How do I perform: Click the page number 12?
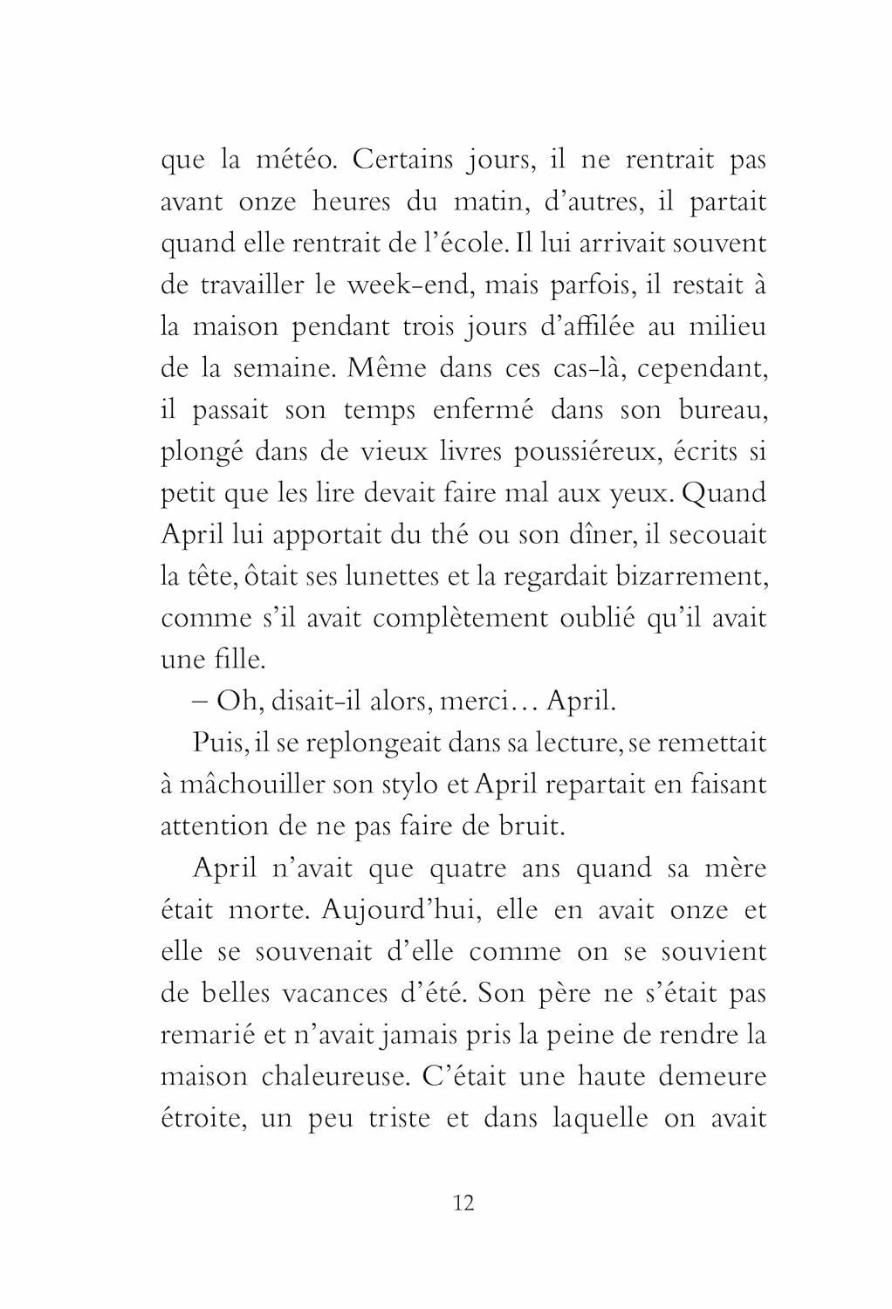(x=463, y=1203)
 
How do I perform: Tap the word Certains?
(x=403, y=160)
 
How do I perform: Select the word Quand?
(x=724, y=493)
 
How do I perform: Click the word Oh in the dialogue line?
(x=236, y=701)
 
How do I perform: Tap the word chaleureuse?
(x=335, y=1076)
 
